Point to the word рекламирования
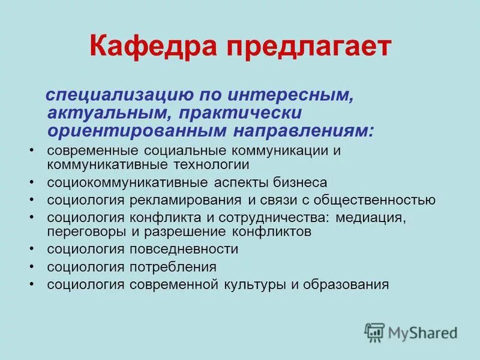[x=191, y=200]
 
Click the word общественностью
[x=370, y=200]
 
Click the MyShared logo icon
[x=374, y=332]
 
